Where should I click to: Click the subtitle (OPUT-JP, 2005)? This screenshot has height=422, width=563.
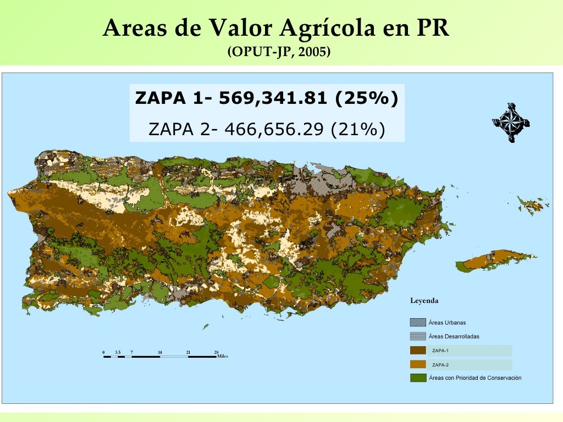[x=278, y=52]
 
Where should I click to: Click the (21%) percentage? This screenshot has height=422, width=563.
[x=357, y=129]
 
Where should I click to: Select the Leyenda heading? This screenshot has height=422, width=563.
[x=424, y=301]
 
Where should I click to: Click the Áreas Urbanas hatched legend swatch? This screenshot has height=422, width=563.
[x=418, y=323]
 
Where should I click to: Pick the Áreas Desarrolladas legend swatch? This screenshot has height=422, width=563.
[x=418, y=336]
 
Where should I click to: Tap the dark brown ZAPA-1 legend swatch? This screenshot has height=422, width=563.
[x=418, y=350]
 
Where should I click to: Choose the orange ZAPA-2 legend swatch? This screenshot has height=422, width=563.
[x=418, y=364]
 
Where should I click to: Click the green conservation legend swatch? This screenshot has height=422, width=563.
[x=418, y=377]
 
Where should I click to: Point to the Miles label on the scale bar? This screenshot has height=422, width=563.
[x=223, y=356]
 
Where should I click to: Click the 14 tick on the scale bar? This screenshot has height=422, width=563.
[x=159, y=352]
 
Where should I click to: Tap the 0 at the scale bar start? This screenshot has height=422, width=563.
[x=103, y=352]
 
